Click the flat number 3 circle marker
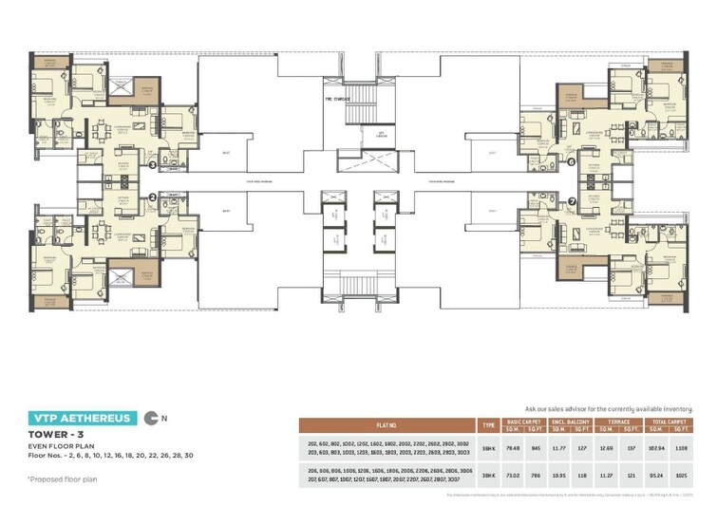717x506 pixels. pyautogui.click(x=152, y=163)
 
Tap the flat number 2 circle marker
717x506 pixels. pyautogui.click(x=152, y=197)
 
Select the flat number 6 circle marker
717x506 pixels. pyautogui.click(x=572, y=161)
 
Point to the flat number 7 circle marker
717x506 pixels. pyautogui.click(x=572, y=200)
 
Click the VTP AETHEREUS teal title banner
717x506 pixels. pyautogui.click(x=82, y=417)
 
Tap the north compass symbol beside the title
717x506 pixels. pyautogui.click(x=152, y=417)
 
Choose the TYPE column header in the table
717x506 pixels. pyautogui.click(x=489, y=424)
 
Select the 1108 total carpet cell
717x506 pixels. pyautogui.click(x=681, y=446)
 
